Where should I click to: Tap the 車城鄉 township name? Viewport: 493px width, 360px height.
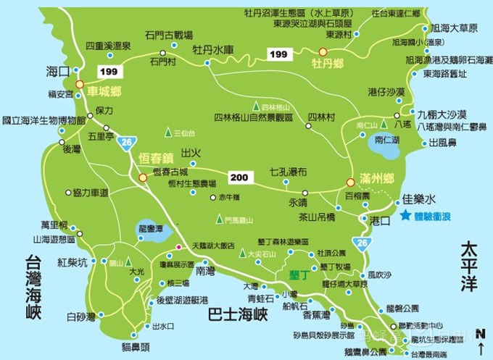pos(104,92)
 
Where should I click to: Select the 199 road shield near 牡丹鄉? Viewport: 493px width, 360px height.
pos(278,54)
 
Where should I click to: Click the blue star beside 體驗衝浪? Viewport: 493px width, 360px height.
pos(405,215)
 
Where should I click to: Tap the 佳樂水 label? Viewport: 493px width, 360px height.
pos(419,198)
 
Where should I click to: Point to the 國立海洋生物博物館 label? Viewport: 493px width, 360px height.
pos(43,120)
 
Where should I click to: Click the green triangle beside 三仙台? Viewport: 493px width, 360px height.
pos(167,133)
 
